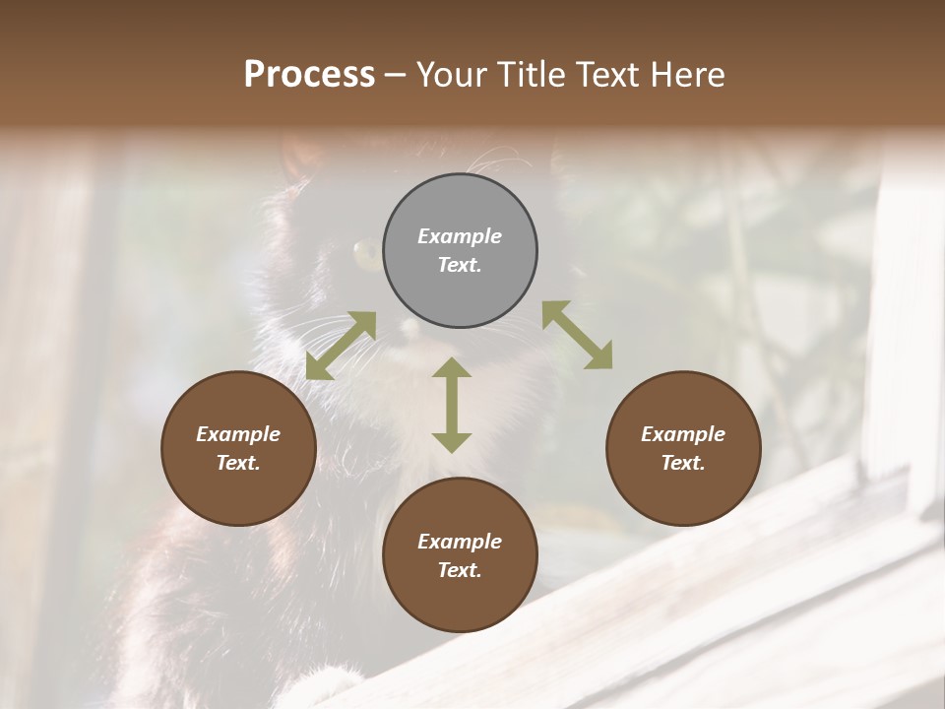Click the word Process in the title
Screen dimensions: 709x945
309,75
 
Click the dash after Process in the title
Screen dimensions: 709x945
396,77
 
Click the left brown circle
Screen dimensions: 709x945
238,448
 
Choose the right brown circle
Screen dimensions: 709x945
683,448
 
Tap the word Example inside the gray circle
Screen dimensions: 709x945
460,236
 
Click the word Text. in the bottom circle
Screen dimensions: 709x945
460,570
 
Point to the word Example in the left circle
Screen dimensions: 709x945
238,434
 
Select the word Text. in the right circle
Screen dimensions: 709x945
683,463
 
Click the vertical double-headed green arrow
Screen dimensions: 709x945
452,405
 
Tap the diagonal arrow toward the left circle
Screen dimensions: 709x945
341,346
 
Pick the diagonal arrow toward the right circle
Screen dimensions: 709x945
577,335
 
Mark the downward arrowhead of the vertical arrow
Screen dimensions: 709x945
452,442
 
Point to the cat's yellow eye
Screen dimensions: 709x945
365,255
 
